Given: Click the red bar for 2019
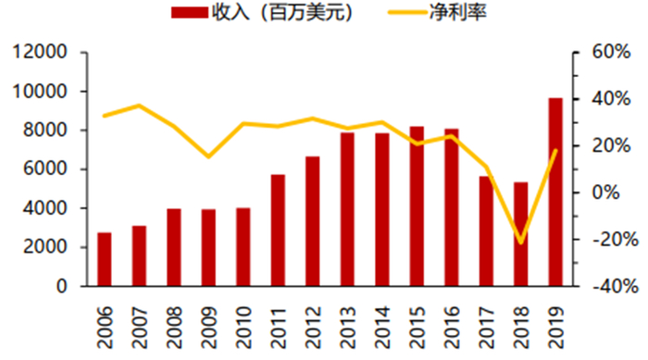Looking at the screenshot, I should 555,192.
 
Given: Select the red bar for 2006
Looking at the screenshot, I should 104,259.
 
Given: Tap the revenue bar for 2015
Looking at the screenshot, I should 417,206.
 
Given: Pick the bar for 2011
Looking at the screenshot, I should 278,230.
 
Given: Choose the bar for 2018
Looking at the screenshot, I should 520,234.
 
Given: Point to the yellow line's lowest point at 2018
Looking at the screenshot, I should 520,242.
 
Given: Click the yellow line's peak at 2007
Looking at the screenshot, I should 139,106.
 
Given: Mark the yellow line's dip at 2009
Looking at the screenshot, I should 208,156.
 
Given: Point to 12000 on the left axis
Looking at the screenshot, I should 39,53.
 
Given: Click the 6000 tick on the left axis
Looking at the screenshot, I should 44,169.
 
